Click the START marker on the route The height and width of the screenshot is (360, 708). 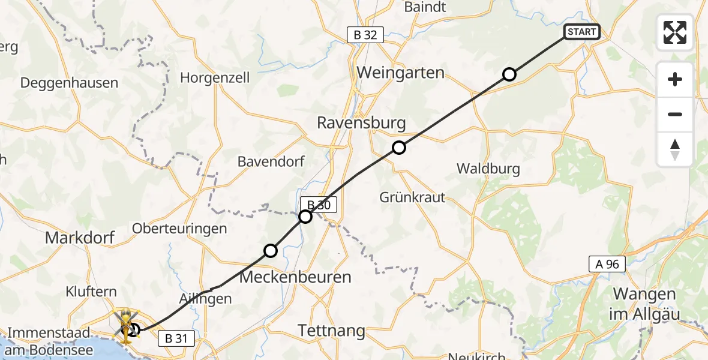click(x=581, y=32)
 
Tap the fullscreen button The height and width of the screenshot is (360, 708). click(x=675, y=32)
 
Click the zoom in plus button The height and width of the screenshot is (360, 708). click(x=675, y=79)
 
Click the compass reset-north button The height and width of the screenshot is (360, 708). click(x=675, y=149)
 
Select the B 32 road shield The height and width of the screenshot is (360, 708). click(x=365, y=35)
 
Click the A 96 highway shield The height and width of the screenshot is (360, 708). click(x=607, y=263)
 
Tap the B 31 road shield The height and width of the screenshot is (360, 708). click(x=176, y=338)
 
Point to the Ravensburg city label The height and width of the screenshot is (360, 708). click(x=361, y=123)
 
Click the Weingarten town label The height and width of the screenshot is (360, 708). click(x=400, y=73)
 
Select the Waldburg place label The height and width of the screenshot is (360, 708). click(x=488, y=169)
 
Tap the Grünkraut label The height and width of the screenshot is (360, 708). click(x=412, y=197)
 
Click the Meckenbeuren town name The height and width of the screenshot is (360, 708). click(x=295, y=277)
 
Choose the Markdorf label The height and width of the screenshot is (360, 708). click(x=80, y=238)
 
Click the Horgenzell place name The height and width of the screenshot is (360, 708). click(x=215, y=78)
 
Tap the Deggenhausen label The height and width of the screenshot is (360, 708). click(x=69, y=83)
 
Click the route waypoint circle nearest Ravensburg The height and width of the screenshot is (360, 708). click(x=399, y=148)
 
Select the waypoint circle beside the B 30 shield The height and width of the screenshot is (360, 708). click(x=305, y=217)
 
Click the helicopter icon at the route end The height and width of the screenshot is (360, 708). click(x=127, y=326)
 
